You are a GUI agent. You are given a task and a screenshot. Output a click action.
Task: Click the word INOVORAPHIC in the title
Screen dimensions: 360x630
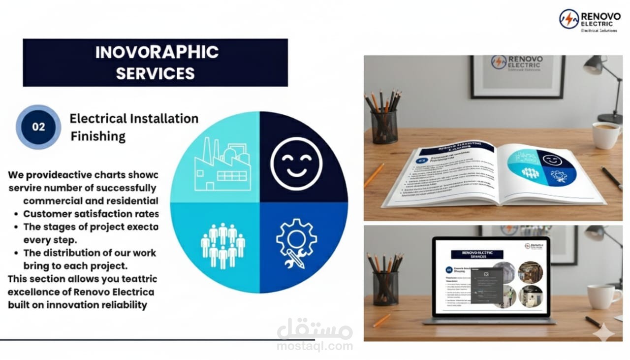(157, 52)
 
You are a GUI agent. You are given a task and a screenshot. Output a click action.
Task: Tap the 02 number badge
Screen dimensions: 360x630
(38, 127)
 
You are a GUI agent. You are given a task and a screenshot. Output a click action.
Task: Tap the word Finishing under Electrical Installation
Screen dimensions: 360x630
(98, 136)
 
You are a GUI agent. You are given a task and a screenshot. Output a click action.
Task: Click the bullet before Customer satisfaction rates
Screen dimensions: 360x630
(17, 214)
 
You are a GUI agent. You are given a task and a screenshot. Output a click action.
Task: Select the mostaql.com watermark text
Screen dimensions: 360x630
(315, 346)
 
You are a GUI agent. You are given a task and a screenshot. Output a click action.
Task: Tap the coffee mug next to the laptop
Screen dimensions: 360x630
(602, 296)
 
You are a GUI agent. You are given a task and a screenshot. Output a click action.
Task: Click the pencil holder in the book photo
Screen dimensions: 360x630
(384, 126)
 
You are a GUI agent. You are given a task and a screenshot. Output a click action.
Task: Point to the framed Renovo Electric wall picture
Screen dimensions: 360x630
(517, 76)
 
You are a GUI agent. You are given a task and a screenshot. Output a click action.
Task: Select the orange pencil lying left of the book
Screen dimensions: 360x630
(374, 175)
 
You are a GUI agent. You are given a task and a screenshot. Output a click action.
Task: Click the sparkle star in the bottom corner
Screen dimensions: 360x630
(603, 334)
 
